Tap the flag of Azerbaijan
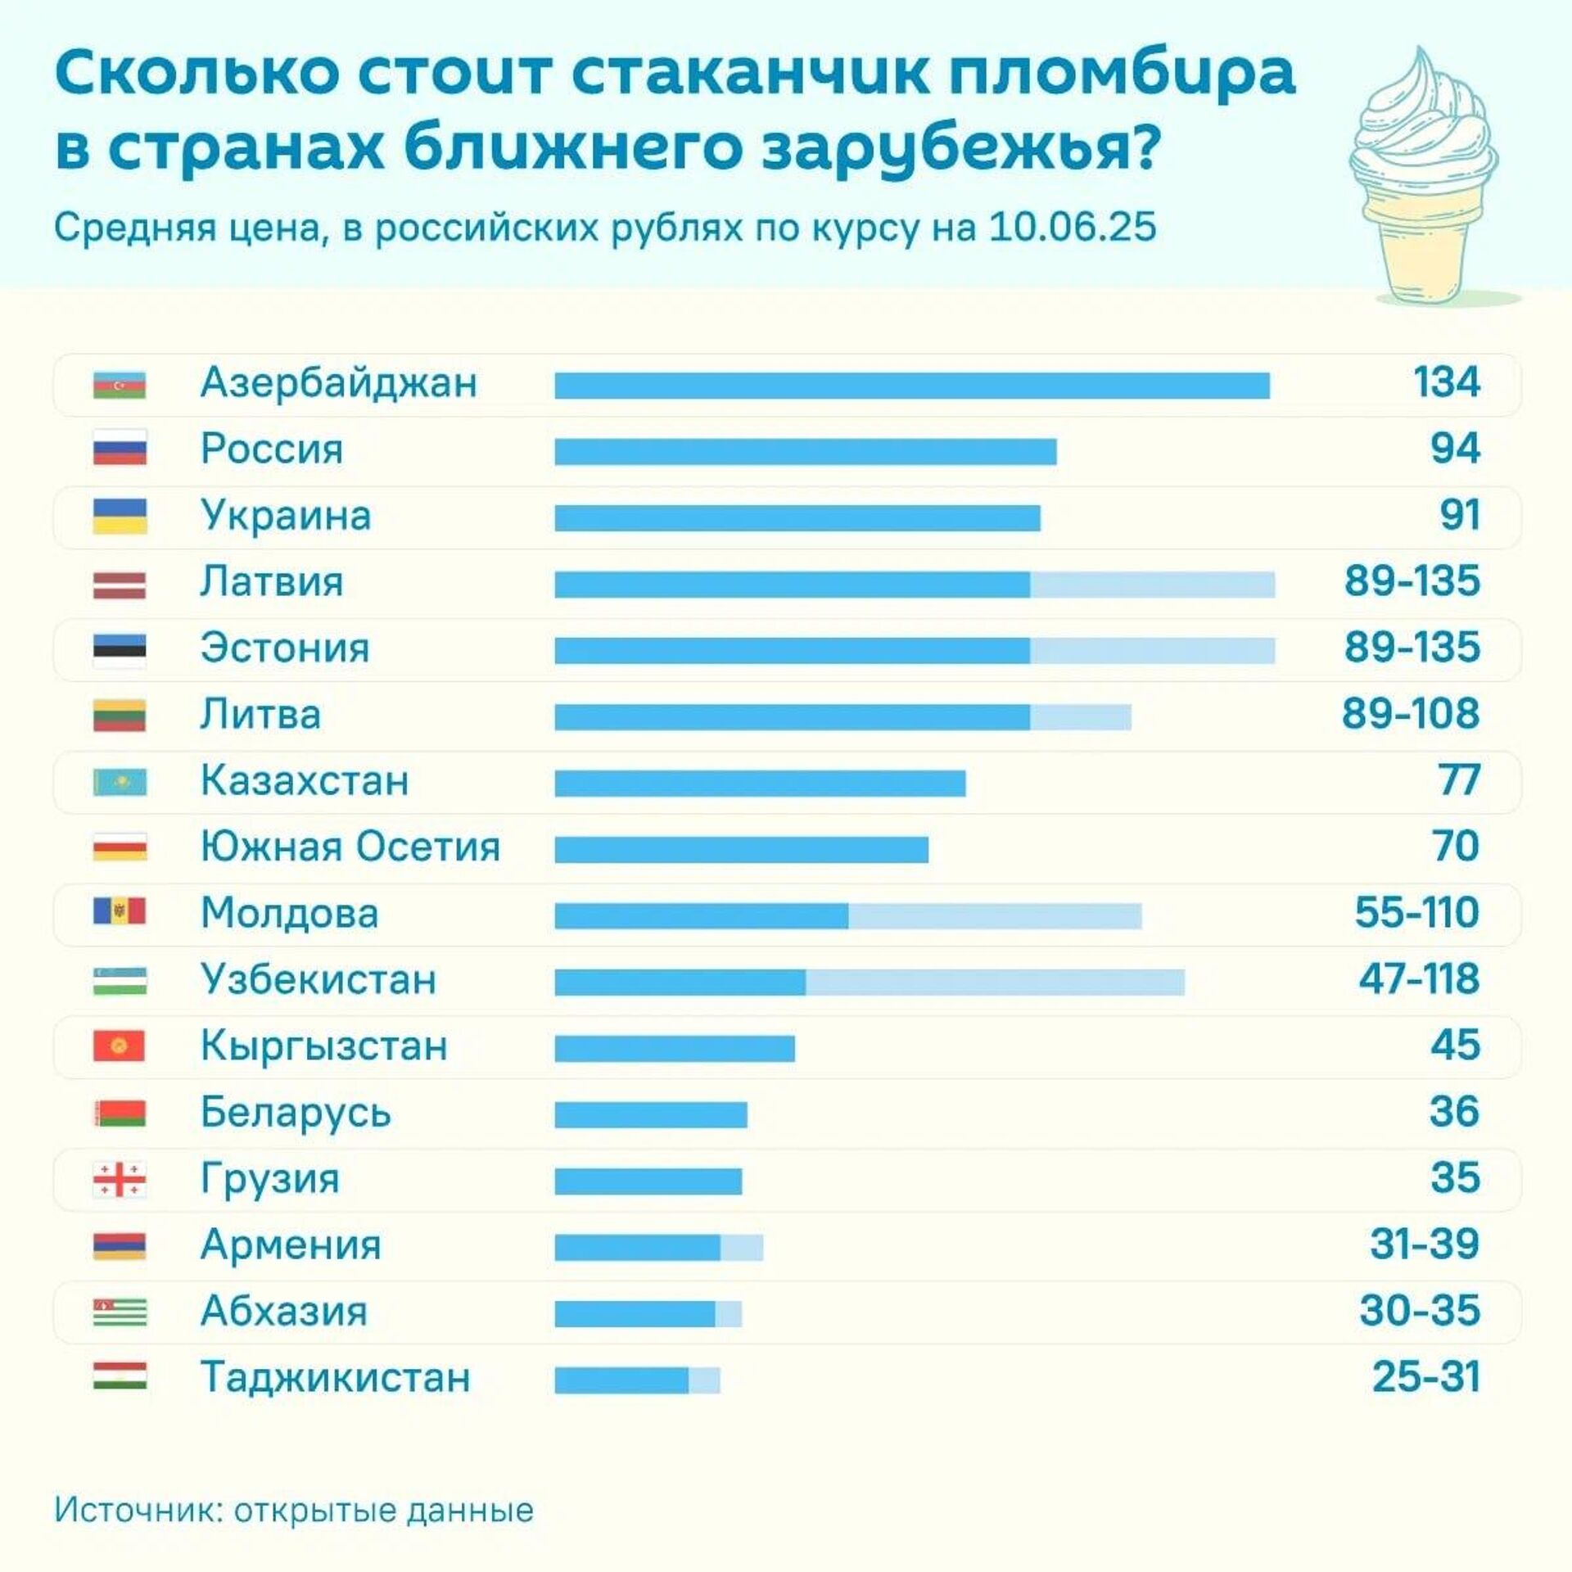(x=120, y=384)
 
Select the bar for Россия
(x=805, y=452)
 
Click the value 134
(x=1446, y=382)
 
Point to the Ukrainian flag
(x=120, y=517)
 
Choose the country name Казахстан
(x=305, y=781)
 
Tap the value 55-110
(x=1416, y=913)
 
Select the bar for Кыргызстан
(x=674, y=1049)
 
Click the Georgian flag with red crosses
(x=120, y=1180)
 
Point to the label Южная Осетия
(x=350, y=847)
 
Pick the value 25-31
(x=1425, y=1377)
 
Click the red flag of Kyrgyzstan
(x=120, y=1046)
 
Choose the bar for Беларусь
(x=650, y=1115)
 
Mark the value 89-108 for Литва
(x=1410, y=714)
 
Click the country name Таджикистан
(x=336, y=1377)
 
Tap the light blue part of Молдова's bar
(x=994, y=916)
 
